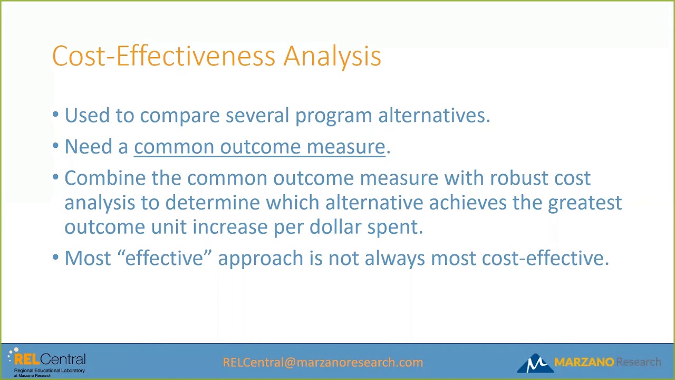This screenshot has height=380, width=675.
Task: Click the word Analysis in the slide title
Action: tap(332, 56)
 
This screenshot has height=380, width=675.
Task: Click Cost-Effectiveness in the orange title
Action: tap(163, 56)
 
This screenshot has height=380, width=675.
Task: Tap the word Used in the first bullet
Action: tap(87, 115)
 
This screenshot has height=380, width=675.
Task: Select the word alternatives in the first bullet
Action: tap(434, 115)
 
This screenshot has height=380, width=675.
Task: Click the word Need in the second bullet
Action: tap(88, 147)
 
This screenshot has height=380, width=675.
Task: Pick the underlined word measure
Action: tap(346, 147)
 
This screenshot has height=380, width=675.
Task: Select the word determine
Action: tap(213, 202)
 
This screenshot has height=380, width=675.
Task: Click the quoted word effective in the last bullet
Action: tap(164, 258)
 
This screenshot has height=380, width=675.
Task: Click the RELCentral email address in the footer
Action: tap(323, 362)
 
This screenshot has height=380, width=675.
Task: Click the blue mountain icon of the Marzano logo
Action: tap(535, 363)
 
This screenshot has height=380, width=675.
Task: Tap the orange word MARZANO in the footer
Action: tap(584, 362)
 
